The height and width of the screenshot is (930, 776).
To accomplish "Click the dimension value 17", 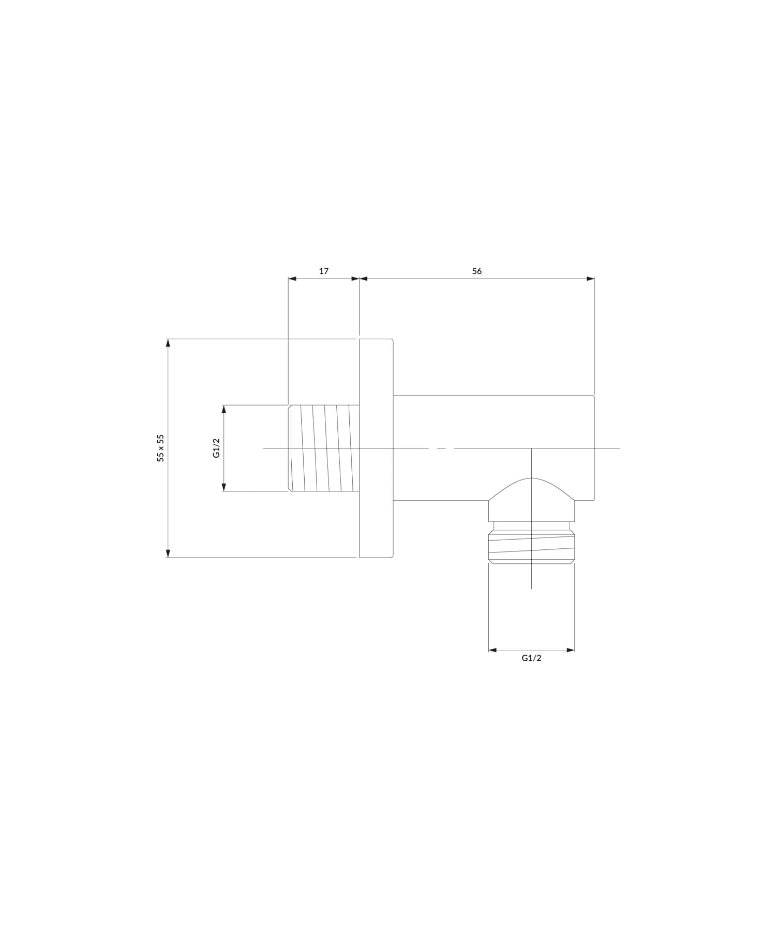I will point(323,271).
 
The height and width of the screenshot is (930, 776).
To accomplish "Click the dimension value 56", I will point(476,271).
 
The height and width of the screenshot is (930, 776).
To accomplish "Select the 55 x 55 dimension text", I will point(161,448).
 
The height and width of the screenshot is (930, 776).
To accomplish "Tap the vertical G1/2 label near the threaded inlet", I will point(217,448).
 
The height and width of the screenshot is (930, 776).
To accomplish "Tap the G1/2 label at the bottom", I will point(531,658).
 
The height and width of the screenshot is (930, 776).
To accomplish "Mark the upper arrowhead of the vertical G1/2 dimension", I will point(224,409).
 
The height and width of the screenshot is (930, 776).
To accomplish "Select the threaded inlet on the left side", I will point(324,448).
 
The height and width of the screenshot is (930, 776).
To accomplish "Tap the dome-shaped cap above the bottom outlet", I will point(531,497).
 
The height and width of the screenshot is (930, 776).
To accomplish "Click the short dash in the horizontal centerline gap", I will point(441,448).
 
